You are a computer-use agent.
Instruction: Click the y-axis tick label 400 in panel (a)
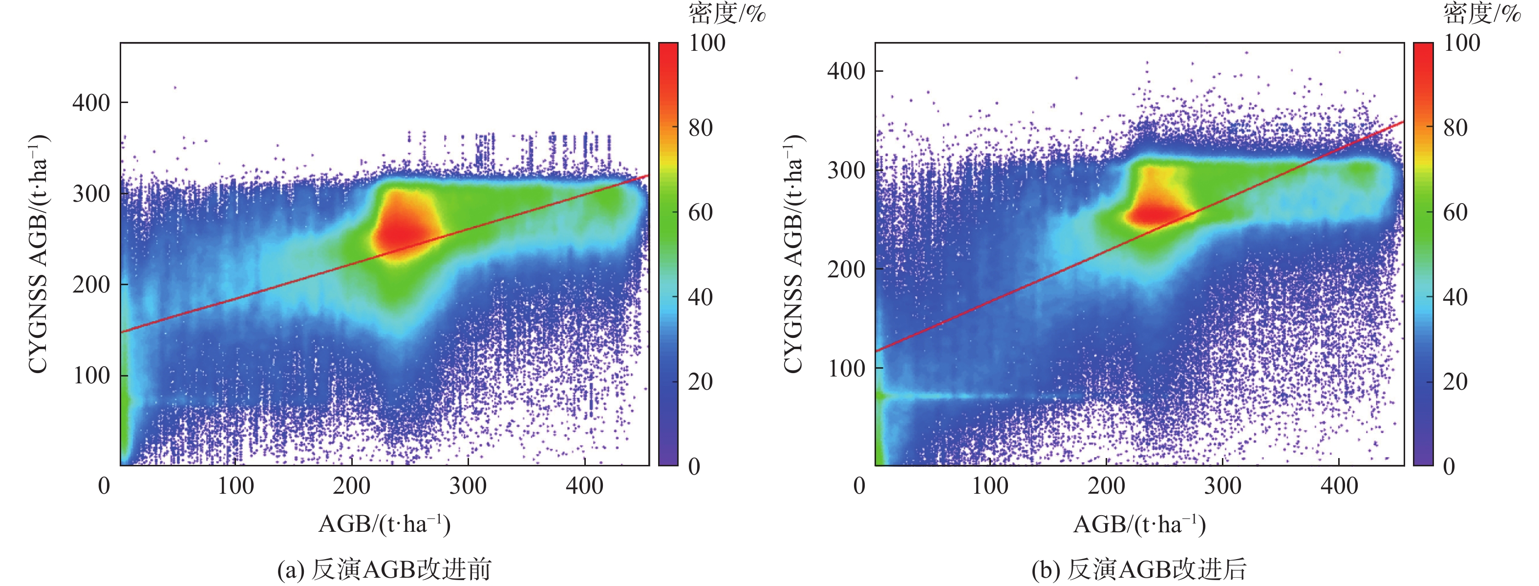coord(91,103)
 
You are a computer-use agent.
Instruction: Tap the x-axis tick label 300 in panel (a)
coord(468,485)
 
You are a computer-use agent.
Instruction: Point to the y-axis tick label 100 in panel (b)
coord(846,368)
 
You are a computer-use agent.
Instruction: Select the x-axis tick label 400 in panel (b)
coord(1339,485)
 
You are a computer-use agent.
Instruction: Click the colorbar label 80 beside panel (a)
coord(700,128)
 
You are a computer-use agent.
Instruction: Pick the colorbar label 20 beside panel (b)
coord(1455,381)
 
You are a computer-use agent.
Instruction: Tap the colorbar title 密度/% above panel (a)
coord(727,13)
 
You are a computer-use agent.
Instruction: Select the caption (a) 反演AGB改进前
coord(384,569)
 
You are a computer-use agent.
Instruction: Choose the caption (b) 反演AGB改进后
coord(1139,569)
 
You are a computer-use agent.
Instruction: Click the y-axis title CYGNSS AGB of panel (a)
coord(38,254)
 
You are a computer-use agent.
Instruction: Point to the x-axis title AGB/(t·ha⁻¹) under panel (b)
coord(1139,524)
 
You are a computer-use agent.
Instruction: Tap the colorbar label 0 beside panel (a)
coord(694,466)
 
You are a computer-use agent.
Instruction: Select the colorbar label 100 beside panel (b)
coord(1461,43)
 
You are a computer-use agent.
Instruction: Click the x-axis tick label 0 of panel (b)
coord(859,485)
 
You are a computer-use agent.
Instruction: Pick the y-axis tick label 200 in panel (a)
coord(91,284)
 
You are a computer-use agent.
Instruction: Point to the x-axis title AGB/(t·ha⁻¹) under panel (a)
coord(384,524)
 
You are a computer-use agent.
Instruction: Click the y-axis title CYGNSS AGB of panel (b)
coord(793,254)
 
